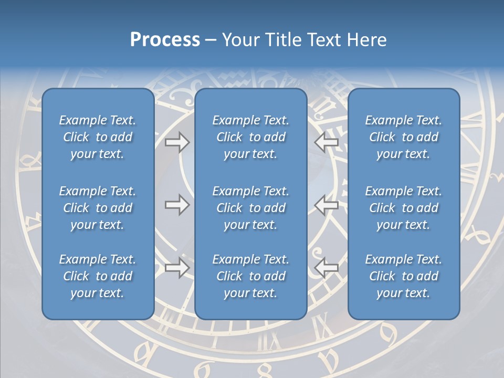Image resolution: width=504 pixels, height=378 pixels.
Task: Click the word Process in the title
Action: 165,39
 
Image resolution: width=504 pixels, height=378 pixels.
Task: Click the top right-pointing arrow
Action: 177,142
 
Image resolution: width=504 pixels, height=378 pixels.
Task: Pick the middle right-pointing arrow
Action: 177,204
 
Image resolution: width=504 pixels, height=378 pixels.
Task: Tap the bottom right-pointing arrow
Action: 177,268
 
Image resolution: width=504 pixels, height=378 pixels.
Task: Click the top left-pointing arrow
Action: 327,142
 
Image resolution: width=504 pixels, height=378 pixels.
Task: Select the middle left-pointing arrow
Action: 327,204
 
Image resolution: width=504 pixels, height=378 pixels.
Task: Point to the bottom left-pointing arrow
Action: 327,268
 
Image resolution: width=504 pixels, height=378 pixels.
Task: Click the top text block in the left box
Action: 98,137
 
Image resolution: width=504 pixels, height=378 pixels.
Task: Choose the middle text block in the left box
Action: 98,208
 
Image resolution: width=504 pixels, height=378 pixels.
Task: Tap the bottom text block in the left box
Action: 98,276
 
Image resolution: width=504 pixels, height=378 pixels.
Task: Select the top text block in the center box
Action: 251,137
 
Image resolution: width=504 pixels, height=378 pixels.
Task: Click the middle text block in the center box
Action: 251,208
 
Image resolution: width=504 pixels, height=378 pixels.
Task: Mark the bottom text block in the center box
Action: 251,276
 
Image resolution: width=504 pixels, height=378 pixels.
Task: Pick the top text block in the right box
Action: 404,137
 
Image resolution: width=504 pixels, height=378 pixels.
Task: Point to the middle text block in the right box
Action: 404,208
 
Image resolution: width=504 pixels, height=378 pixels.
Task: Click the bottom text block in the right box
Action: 404,276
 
